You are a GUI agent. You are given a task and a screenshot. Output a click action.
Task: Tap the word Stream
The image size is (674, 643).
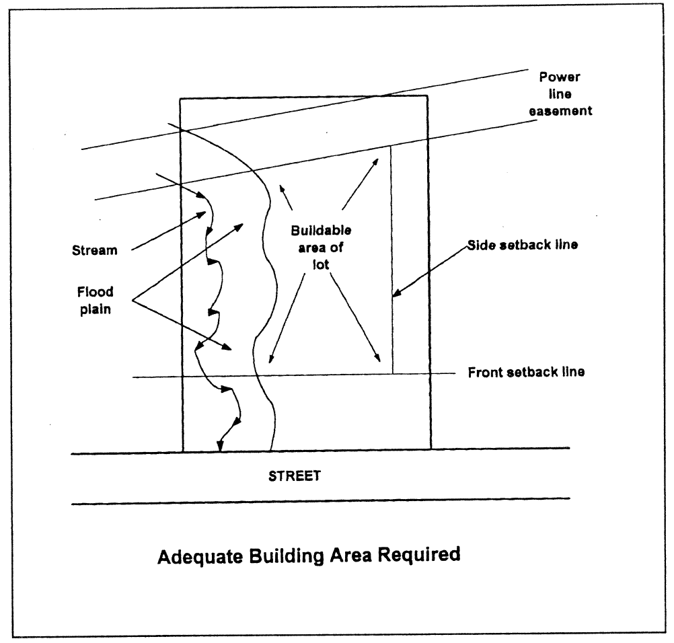coord(95,251)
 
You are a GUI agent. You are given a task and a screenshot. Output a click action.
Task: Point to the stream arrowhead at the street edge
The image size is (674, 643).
coord(220,447)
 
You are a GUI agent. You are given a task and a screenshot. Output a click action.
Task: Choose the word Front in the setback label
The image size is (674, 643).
coord(482,372)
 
